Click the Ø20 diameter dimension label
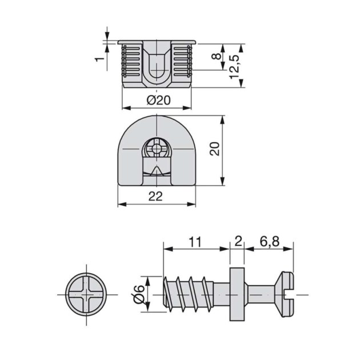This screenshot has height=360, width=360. click(x=158, y=100)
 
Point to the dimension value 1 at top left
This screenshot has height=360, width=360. click(x=98, y=59)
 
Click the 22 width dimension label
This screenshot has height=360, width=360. click(x=155, y=197)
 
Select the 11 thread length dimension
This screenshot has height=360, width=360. click(x=195, y=242)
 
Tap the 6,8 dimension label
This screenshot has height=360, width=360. click(x=269, y=242)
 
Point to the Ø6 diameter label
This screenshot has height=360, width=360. click(x=138, y=294)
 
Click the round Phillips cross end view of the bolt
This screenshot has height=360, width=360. click(x=86, y=295)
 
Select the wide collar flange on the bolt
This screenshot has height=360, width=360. click(x=238, y=295)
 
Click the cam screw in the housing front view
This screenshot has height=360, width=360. click(x=156, y=149)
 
